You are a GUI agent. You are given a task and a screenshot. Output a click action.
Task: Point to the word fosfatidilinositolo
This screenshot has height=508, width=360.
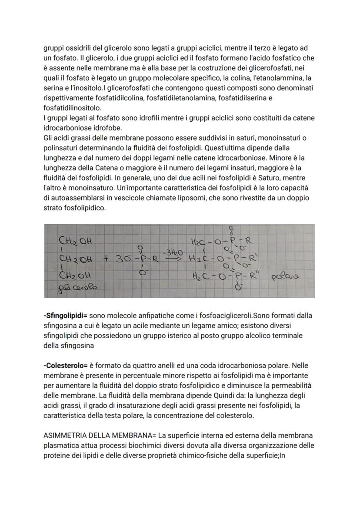click(72, 107)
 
